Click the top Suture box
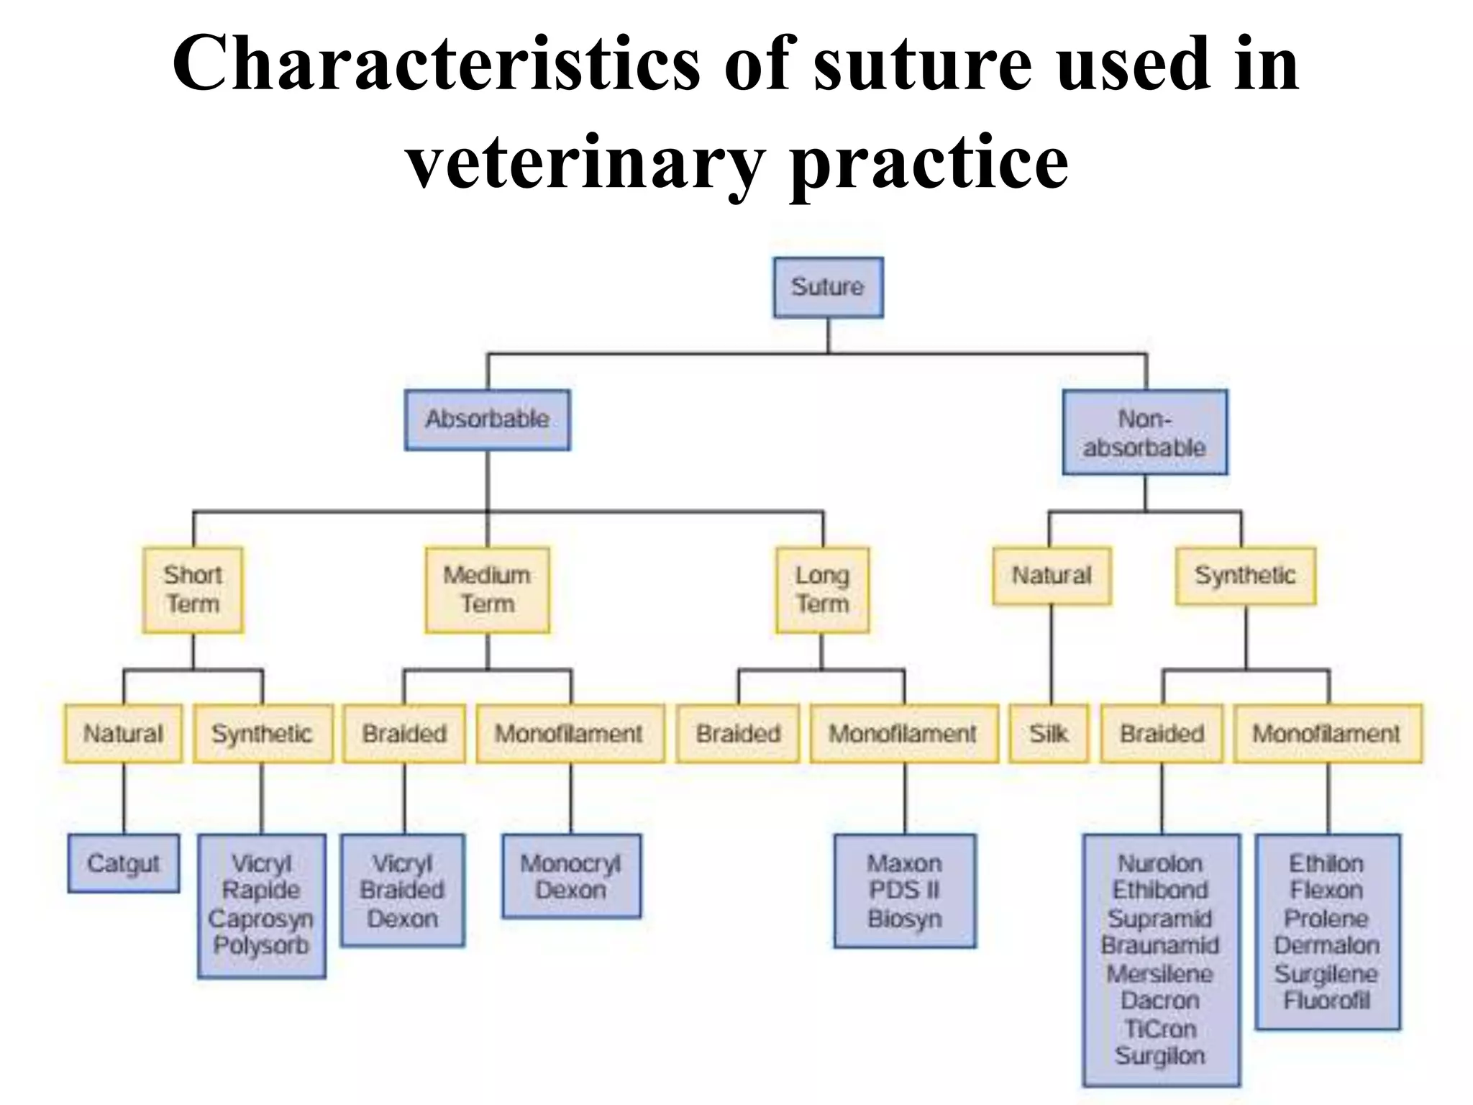pyautogui.click(x=828, y=287)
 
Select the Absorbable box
pyautogui.click(x=487, y=419)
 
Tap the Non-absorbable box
pyautogui.click(x=1144, y=432)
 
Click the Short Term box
pyautogui.click(x=193, y=590)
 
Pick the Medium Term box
pyautogui.click(x=487, y=590)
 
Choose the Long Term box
pyautogui.click(x=822, y=590)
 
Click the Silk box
pyautogui.click(x=1049, y=734)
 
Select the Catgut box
pyautogui.click(x=124, y=863)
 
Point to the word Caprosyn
pyautogui.click(x=261, y=919)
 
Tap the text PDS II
pyautogui.click(x=904, y=891)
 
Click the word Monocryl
pyautogui.click(x=570, y=863)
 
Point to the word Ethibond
pyautogui.click(x=1160, y=891)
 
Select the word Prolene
pyautogui.click(x=1326, y=919)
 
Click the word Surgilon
pyautogui.click(x=1160, y=1055)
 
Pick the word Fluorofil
pyautogui.click(x=1326, y=1001)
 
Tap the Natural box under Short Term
pyautogui.click(x=123, y=734)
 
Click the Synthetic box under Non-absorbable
pyautogui.click(x=1245, y=576)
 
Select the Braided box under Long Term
pyautogui.click(x=738, y=734)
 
